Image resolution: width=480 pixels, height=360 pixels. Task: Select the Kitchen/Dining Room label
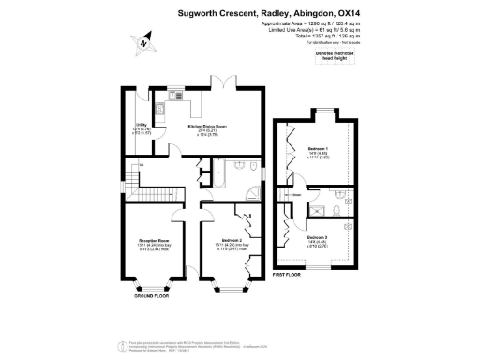pos(208,126)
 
